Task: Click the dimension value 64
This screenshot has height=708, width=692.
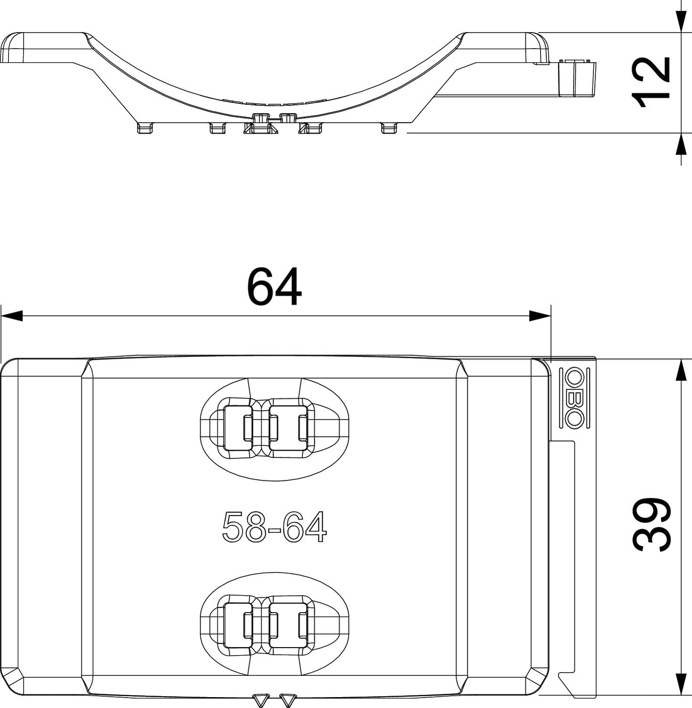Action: coord(274,287)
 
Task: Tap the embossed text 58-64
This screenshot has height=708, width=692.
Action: coord(274,527)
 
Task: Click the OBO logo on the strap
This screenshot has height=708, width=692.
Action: coord(574,398)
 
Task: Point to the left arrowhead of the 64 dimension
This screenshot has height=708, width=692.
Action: coord(12,316)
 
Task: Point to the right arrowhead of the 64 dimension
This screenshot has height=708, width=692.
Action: coord(540,316)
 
